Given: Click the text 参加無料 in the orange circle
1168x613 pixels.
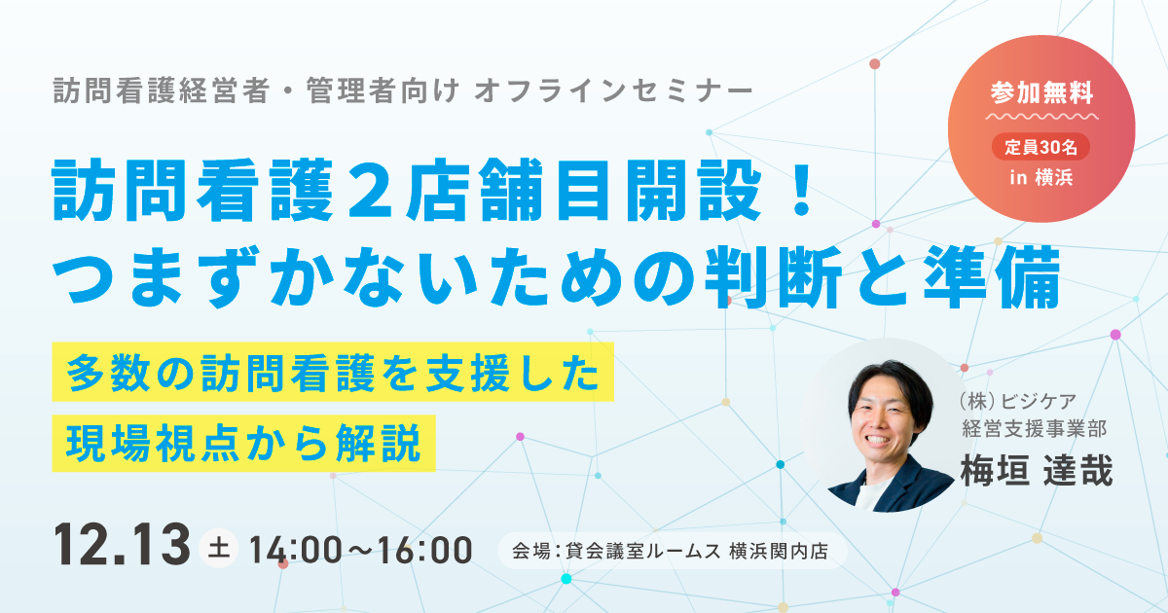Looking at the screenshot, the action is [x=1041, y=92].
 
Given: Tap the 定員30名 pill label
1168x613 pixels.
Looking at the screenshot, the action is [x=1040, y=147].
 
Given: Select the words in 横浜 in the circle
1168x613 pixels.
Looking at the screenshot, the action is [x=1040, y=178].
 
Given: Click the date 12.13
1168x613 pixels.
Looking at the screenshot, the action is [x=122, y=544].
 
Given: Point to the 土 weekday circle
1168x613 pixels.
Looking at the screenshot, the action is [x=218, y=549].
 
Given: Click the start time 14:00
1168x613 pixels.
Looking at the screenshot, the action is [x=296, y=550].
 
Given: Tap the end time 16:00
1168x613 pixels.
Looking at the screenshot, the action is [x=425, y=550].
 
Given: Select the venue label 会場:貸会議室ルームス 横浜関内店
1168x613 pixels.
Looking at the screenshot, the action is [x=671, y=551].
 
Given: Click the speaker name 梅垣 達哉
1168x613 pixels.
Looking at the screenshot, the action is [x=1038, y=470].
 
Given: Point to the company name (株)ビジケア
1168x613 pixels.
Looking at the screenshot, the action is [x=1017, y=401].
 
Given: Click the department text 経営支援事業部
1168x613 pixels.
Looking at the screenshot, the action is [x=1034, y=429].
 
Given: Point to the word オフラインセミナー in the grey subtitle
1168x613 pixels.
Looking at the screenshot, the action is [x=613, y=90].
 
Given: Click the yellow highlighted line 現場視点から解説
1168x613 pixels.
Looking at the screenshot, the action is [x=243, y=443].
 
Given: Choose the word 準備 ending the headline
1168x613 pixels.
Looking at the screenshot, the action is [x=992, y=277].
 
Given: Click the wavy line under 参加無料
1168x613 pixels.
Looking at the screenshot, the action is [x=1041, y=116].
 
